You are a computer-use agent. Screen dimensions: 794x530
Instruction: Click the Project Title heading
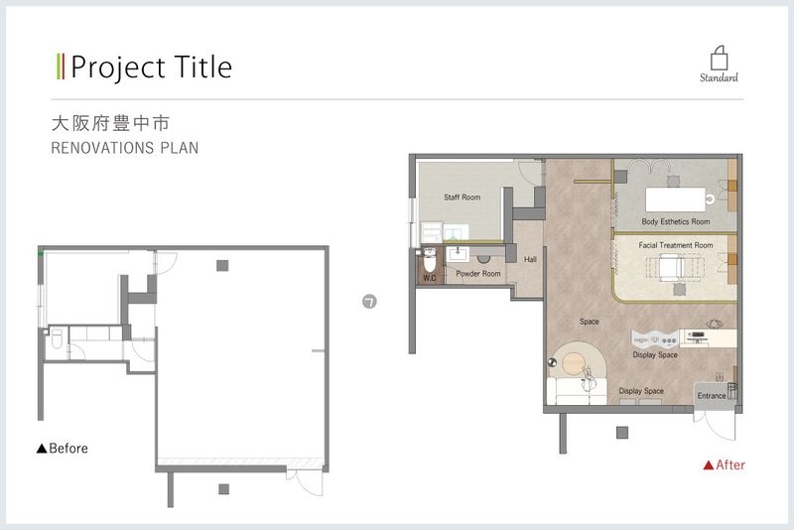pyautogui.click(x=152, y=67)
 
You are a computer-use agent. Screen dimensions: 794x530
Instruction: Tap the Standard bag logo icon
pyautogui.click(x=719, y=59)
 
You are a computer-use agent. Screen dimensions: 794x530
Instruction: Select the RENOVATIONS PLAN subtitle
pyautogui.click(x=125, y=148)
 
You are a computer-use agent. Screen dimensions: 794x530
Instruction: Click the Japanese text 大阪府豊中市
pyautogui.click(x=110, y=123)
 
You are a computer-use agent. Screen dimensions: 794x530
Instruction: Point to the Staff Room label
pyautogui.click(x=462, y=198)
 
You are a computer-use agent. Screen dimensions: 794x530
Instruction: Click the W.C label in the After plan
pyautogui.click(x=430, y=278)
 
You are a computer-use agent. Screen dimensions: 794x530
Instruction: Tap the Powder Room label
pyautogui.click(x=478, y=273)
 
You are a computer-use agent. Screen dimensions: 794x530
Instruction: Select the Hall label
pyautogui.click(x=530, y=259)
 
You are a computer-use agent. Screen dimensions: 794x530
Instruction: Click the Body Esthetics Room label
pyautogui.click(x=676, y=221)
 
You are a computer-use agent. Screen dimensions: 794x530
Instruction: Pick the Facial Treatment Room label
pyautogui.click(x=676, y=245)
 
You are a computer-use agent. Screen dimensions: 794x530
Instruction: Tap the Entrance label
pyautogui.click(x=712, y=396)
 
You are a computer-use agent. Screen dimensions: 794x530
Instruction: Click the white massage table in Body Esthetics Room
pyautogui.click(x=676, y=199)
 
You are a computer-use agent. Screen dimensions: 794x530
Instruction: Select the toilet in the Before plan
pyautogui.click(x=57, y=338)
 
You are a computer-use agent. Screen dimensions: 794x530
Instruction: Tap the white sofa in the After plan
pyautogui.click(x=577, y=392)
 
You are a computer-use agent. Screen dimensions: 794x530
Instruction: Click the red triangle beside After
pyautogui.click(x=709, y=464)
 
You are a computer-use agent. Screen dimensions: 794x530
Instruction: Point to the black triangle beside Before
pyautogui.click(x=42, y=448)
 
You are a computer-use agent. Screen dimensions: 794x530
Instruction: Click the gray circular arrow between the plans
pyautogui.click(x=369, y=302)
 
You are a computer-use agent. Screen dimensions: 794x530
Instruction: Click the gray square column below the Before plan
pyautogui.click(x=224, y=489)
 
